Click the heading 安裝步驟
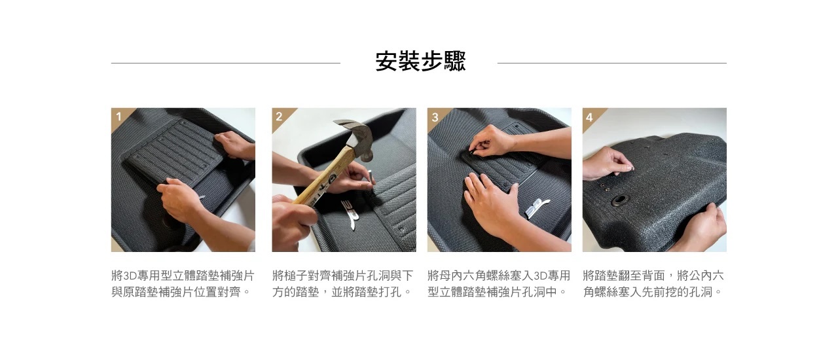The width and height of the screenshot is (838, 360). pyautogui.click(x=420, y=62)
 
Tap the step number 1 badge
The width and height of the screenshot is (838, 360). pyautogui.click(x=118, y=117)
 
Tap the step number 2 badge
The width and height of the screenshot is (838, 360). pyautogui.click(x=279, y=117)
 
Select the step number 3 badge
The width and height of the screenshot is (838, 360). pyautogui.click(x=435, y=117)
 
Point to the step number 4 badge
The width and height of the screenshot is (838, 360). pyautogui.click(x=589, y=117)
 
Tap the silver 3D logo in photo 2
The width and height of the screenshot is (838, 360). pyautogui.click(x=352, y=213)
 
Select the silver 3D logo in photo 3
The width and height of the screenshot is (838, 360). pyautogui.click(x=536, y=207)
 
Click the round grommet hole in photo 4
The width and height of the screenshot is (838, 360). pyautogui.click(x=620, y=200)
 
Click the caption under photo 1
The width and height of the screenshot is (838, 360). pyautogui.click(x=183, y=283)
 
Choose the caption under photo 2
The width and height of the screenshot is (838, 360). pyautogui.click(x=342, y=283)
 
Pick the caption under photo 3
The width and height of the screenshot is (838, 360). pyautogui.click(x=499, y=283)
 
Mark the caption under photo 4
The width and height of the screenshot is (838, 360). pyautogui.click(x=653, y=283)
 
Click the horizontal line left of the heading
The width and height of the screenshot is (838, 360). pyautogui.click(x=226, y=63)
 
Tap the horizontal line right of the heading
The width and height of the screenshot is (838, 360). pyautogui.click(x=612, y=63)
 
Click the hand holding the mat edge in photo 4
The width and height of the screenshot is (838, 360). pyautogui.click(x=703, y=225)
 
